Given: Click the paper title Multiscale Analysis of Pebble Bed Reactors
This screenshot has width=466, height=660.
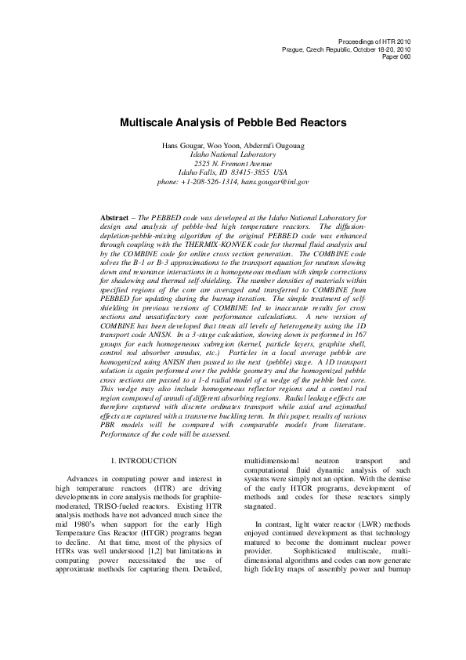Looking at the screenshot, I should [x=233, y=123].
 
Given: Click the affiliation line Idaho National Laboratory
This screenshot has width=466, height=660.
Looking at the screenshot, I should [x=233, y=155].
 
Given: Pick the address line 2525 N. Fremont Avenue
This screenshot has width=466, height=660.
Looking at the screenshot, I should [x=233, y=164].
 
